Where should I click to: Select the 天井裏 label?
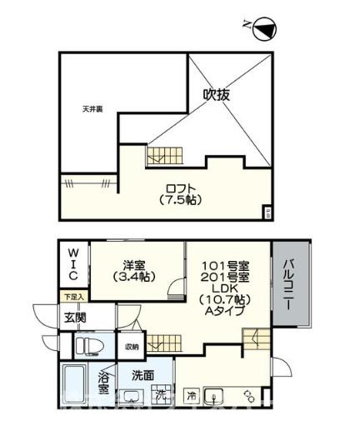coord(92,109)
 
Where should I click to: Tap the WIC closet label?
coord(72,263)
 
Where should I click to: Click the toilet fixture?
coord(87,346)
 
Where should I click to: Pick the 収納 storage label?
coord(132,346)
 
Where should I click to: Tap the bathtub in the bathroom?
coord(77,389)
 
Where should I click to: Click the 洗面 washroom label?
coord(143,375)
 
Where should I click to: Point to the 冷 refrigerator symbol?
coord(192,393)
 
